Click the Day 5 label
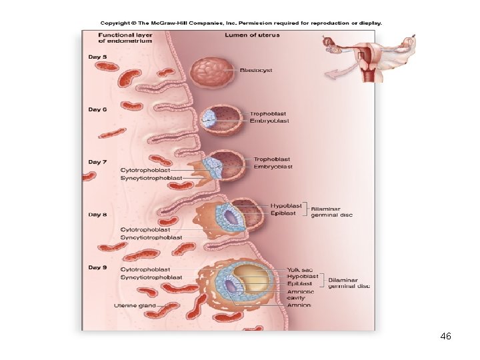pyautogui.click(x=98, y=57)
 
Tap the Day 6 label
pyautogui.click(x=98, y=109)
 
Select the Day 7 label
pyautogui.click(x=98, y=162)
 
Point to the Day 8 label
pyautogui.click(x=98, y=215)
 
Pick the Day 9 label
pyautogui.click(x=98, y=267)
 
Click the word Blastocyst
pyautogui.click(x=256, y=70)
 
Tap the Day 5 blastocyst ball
pyautogui.click(x=212, y=72)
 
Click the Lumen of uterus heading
pyautogui.click(x=252, y=35)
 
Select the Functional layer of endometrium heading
pyautogui.click(x=125, y=38)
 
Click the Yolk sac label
pyautogui.click(x=300, y=269)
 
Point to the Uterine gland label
pyautogui.click(x=135, y=306)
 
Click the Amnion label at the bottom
pyautogui.click(x=299, y=305)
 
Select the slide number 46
pyautogui.click(x=446, y=337)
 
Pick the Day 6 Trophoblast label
pyautogui.click(x=269, y=113)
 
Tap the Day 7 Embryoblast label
pyautogui.click(x=273, y=167)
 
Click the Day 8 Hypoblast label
pyautogui.click(x=286, y=206)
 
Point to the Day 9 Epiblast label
pyautogui.click(x=299, y=283)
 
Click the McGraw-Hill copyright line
pyautogui.click(x=241, y=23)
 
